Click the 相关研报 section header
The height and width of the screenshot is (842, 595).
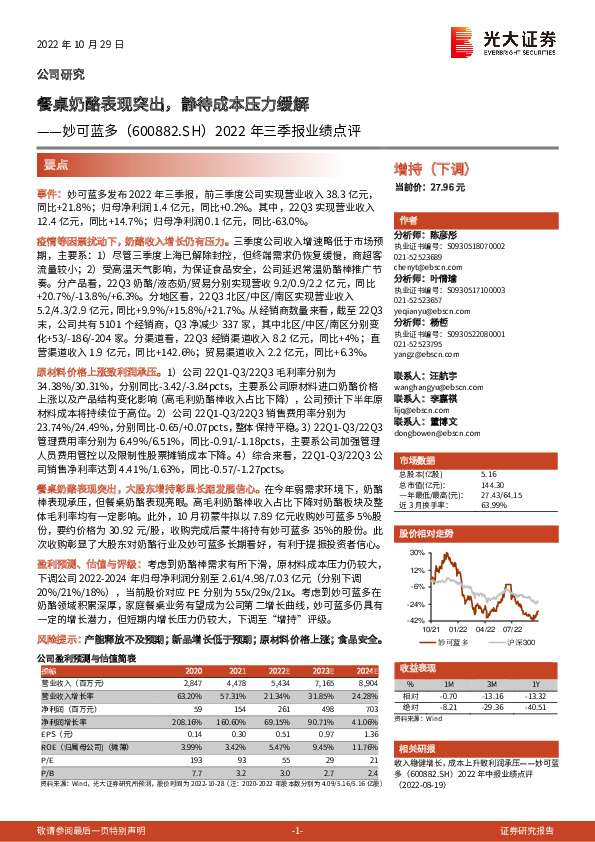click(417, 775)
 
